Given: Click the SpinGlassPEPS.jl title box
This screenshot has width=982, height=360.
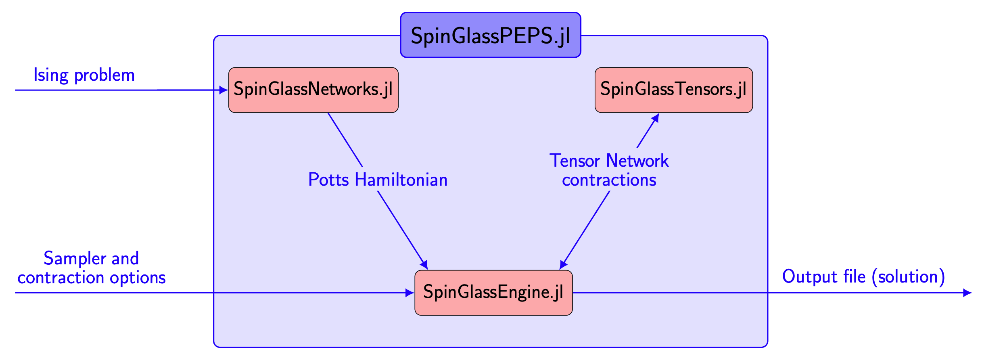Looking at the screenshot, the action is (491, 35).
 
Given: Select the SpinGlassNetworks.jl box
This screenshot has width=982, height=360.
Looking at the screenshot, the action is (313, 90).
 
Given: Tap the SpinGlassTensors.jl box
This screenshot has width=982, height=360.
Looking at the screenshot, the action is (674, 90).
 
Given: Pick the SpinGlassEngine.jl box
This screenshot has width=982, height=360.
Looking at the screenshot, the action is (493, 293).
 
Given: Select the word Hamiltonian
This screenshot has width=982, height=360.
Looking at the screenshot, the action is (401, 180).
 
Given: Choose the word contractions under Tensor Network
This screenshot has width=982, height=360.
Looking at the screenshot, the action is (609, 180).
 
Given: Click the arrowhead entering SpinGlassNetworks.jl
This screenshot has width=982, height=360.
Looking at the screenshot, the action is (224, 90).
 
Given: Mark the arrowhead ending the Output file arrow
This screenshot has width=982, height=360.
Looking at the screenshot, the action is (967, 293).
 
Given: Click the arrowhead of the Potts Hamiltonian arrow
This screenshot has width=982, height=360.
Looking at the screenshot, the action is (424, 265).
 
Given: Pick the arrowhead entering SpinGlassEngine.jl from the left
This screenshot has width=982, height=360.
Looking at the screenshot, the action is (410, 293).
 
